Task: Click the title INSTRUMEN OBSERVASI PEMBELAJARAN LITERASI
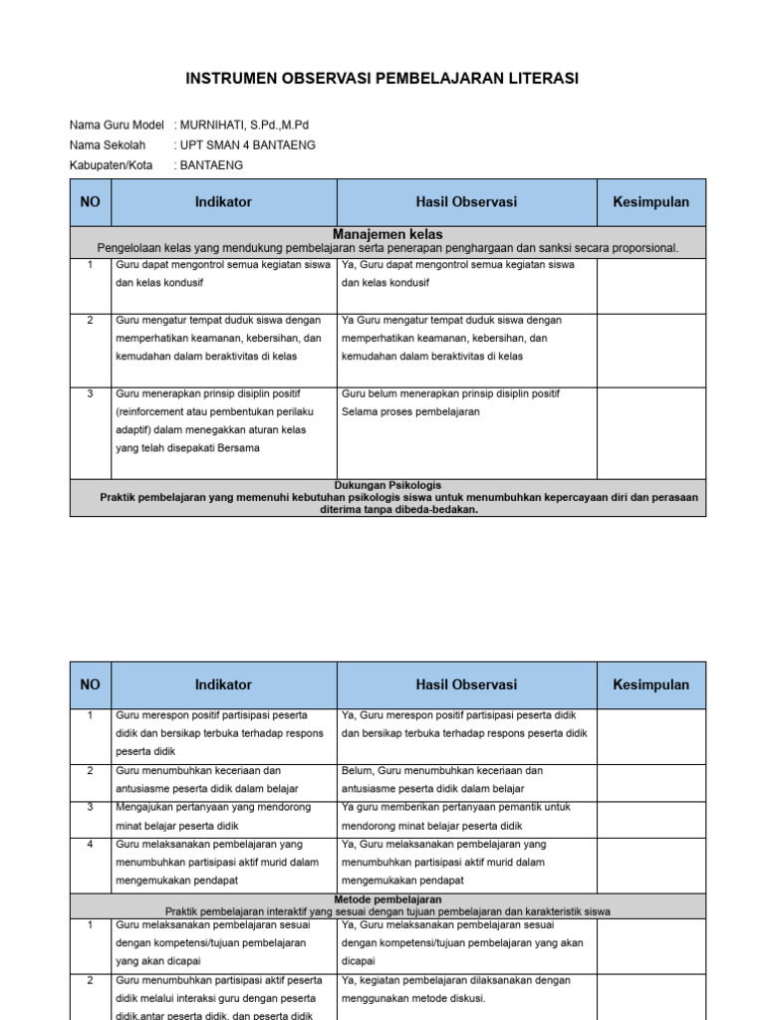coord(382,79)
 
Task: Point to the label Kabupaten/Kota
coord(112,165)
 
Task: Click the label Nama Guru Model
coord(117,125)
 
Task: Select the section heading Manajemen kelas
coord(387,234)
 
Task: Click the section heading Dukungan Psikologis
coord(387,485)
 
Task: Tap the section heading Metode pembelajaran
coord(387,898)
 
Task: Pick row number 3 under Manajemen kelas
coord(90,393)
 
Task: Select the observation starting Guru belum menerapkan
coord(449,393)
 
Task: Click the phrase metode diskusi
coord(448,998)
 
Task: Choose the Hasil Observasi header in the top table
coord(466,202)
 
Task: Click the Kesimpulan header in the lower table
coord(650,684)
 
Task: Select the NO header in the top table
coord(90,202)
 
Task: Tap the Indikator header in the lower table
coord(223,684)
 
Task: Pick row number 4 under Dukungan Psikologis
coord(90,844)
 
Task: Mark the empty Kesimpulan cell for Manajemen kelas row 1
coord(650,286)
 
